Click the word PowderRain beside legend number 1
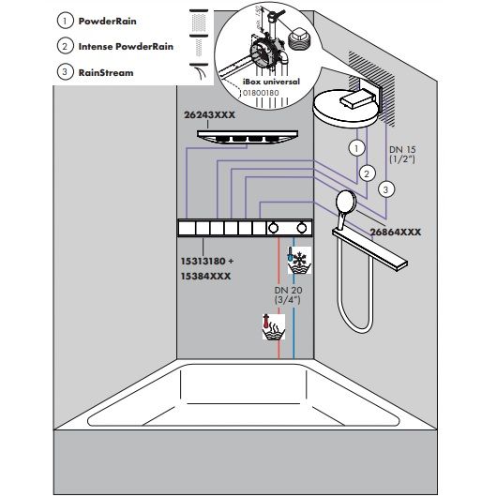coord(108,22)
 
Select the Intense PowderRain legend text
coord(126,47)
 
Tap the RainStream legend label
coord(106,72)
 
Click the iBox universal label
coord(271,82)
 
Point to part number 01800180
coord(261,93)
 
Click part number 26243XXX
coord(209,114)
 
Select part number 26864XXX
coord(396,232)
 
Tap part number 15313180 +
coord(207,262)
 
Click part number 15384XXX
coord(205,277)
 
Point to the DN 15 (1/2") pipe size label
coord(402,155)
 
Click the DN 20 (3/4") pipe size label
coord(288,294)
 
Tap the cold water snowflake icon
coord(299,261)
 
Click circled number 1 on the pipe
coord(357,148)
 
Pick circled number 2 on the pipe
coord(367,173)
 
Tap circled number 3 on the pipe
coord(385,189)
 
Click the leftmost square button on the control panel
coord(187,228)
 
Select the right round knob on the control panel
coord(302,228)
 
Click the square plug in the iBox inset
coord(299,39)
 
